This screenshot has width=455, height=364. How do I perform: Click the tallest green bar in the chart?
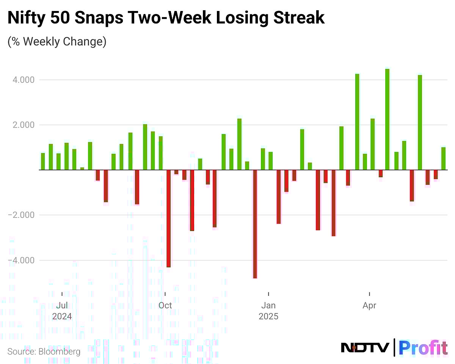[387, 119]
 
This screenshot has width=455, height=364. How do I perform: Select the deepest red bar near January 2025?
[255, 224]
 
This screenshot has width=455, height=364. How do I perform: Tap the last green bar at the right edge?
[443, 159]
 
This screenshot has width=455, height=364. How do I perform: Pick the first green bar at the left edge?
[43, 161]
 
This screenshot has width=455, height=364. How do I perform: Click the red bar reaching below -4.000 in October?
[168, 219]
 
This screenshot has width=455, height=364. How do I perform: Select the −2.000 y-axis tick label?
[21, 215]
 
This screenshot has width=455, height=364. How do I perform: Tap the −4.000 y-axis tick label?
[21, 260]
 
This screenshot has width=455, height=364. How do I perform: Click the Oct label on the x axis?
[165, 305]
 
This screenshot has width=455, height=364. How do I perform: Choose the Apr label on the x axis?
[369, 305]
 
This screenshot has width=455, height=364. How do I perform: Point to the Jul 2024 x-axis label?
[62, 311]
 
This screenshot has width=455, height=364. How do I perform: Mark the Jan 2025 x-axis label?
[268, 311]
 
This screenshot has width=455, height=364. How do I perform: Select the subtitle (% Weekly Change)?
[57, 41]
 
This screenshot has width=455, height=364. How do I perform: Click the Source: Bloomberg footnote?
[44, 352]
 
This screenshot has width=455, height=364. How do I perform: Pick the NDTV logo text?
[365, 347]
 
